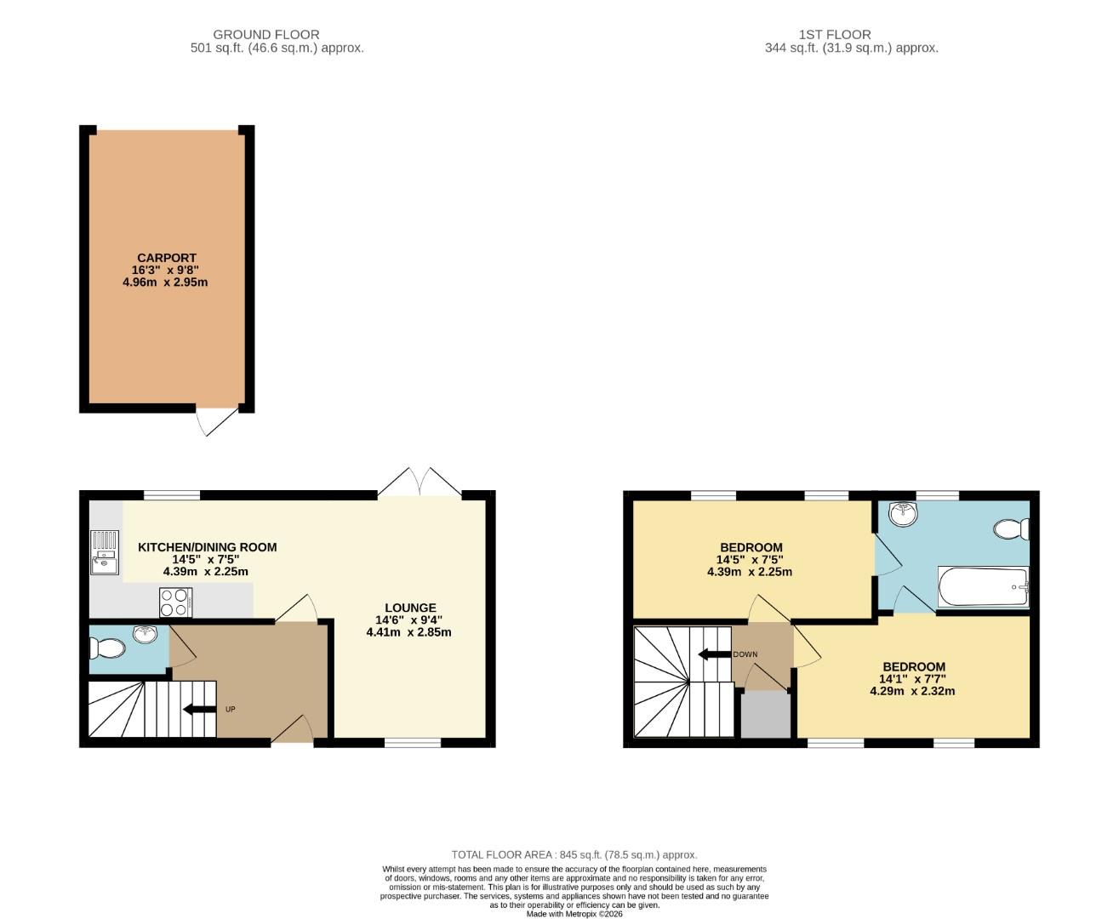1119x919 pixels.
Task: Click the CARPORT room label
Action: pos(167,258)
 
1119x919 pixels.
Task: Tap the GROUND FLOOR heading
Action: pos(266,35)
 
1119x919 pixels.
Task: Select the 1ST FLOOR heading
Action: pos(834,35)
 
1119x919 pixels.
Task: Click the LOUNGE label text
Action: pos(410,608)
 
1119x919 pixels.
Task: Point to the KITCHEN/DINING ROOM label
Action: pos(207,547)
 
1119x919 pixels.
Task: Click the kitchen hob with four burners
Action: pos(176,602)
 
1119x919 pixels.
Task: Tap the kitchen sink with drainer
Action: pos(105,552)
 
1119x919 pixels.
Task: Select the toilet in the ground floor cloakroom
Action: pos(106,649)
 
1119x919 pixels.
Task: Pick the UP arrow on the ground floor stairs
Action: pos(200,709)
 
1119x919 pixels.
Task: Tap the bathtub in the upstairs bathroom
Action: pos(983,587)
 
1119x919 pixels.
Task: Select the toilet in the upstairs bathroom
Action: pos(1011,529)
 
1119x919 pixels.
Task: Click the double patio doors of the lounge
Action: pos(420,482)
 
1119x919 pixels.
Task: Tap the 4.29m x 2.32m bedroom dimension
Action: pos(912,691)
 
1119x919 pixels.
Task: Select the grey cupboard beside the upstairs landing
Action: pos(765,714)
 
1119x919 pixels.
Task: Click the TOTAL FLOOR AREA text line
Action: pos(574,854)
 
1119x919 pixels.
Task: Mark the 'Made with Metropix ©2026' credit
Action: pos(574,914)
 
